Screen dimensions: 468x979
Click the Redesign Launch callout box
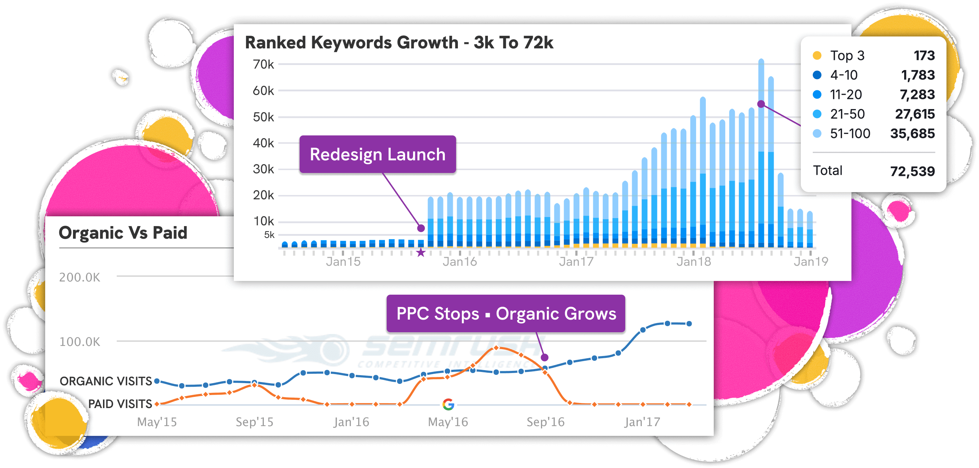pos(377,154)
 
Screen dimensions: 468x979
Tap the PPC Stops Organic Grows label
pos(506,314)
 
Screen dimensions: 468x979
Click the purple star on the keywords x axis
pos(421,253)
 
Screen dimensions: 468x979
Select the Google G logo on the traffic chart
pos(448,404)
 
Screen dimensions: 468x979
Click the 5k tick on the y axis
pos(269,235)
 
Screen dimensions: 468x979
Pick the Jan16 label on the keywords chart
pos(459,262)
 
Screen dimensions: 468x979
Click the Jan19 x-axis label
pos(811,262)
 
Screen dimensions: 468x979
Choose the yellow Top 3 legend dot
pos(817,56)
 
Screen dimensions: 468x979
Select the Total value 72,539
pos(912,171)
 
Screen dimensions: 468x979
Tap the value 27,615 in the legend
pos(914,114)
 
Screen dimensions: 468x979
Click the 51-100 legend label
pos(850,134)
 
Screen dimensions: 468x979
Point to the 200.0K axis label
pos(80,277)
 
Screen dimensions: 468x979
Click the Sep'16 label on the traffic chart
pos(545,422)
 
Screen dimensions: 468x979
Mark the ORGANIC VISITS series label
pos(106,381)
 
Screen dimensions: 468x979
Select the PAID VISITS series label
pos(120,404)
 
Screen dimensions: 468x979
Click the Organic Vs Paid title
pos(123,233)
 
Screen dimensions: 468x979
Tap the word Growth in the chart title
pos(428,43)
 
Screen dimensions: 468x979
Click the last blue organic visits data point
pos(690,324)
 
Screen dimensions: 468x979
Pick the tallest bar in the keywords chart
pos(761,152)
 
